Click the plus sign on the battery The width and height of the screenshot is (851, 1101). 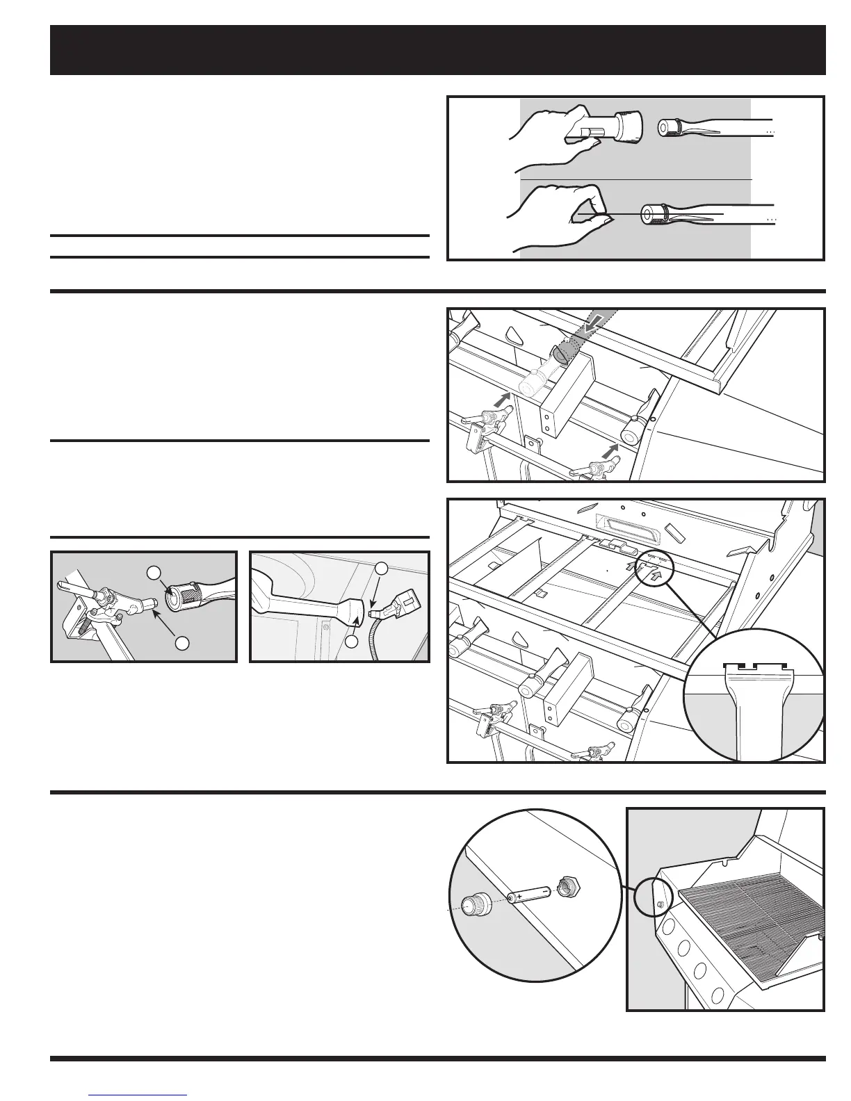coord(518,897)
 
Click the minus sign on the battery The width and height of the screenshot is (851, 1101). coord(544,891)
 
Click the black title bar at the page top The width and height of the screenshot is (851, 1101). coord(437,50)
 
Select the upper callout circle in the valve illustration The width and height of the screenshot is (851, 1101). coord(153,572)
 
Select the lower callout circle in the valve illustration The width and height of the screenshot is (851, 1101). coord(182,643)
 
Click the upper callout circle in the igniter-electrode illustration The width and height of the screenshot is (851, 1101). coord(381,568)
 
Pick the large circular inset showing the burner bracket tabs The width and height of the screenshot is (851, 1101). coord(755,695)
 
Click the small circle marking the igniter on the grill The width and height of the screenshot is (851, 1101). coord(653,905)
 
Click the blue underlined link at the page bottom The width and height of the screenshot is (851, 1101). coord(139,1094)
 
